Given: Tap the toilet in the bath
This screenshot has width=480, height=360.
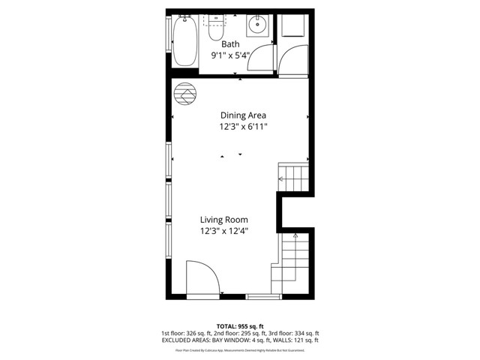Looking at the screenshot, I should pos(216,28).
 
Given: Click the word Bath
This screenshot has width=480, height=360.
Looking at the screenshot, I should pos(230,44).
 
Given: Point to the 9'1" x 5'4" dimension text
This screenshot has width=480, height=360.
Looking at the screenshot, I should pos(230,55).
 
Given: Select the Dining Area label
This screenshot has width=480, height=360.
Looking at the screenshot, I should pos(243,115).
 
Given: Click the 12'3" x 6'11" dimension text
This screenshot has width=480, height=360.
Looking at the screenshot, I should pos(243,127).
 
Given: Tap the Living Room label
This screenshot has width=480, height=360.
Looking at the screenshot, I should pos(223,220).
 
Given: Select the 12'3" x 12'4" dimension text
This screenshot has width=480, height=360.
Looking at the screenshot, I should pos(223,232).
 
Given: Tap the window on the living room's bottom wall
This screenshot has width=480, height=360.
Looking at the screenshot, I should pos(263,297).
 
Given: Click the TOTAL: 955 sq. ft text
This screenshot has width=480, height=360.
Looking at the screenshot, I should pos(239,325).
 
